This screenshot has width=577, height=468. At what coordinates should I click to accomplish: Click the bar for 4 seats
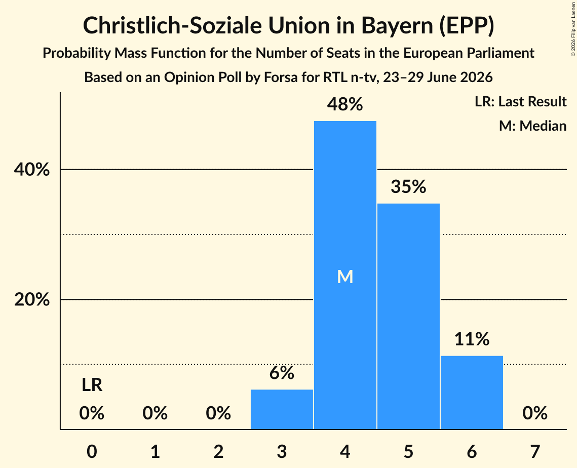tap(345, 275)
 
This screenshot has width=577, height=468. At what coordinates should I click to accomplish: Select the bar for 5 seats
tap(408, 316)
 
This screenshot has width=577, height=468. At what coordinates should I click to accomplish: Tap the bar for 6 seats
tap(472, 392)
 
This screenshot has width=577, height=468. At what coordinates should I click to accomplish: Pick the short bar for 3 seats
tap(282, 409)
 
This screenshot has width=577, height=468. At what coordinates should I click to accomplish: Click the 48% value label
tap(345, 104)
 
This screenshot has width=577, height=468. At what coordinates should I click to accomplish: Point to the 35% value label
tap(408, 186)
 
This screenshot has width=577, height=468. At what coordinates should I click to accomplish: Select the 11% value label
tap(472, 339)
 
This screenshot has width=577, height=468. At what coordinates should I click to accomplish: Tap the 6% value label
tap(282, 373)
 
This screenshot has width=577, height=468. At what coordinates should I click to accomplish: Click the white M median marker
tap(345, 277)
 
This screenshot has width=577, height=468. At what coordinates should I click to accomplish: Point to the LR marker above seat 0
tap(92, 385)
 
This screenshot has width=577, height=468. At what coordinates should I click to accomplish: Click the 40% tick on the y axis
tap(31, 170)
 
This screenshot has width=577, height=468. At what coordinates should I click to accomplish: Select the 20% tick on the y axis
tap(31, 299)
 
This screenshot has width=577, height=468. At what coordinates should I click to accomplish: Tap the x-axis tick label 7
tap(535, 451)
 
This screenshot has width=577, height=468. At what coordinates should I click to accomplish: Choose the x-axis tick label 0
tap(92, 451)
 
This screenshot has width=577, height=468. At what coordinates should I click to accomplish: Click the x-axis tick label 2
tap(218, 451)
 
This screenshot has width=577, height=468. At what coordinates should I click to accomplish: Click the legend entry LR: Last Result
tap(520, 101)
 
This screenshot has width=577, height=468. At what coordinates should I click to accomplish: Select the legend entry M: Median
tap(532, 126)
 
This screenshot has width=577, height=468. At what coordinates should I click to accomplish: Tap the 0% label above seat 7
tap(535, 413)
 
